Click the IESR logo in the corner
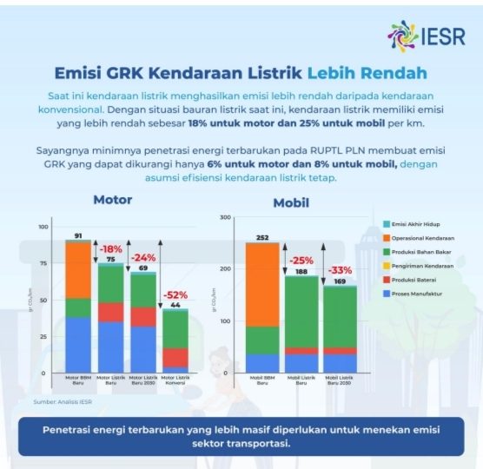(426, 36)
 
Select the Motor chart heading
(113, 200)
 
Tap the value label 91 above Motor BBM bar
(78, 236)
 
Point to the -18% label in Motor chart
(111, 249)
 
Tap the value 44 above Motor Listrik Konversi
(175, 305)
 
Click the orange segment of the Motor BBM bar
(78, 269)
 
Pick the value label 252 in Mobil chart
(261, 237)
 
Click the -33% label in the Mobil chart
(340, 269)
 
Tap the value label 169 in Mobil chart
(340, 281)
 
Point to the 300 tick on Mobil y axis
(225, 218)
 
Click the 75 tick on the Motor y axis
(43, 264)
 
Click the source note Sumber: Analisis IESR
(63, 402)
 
